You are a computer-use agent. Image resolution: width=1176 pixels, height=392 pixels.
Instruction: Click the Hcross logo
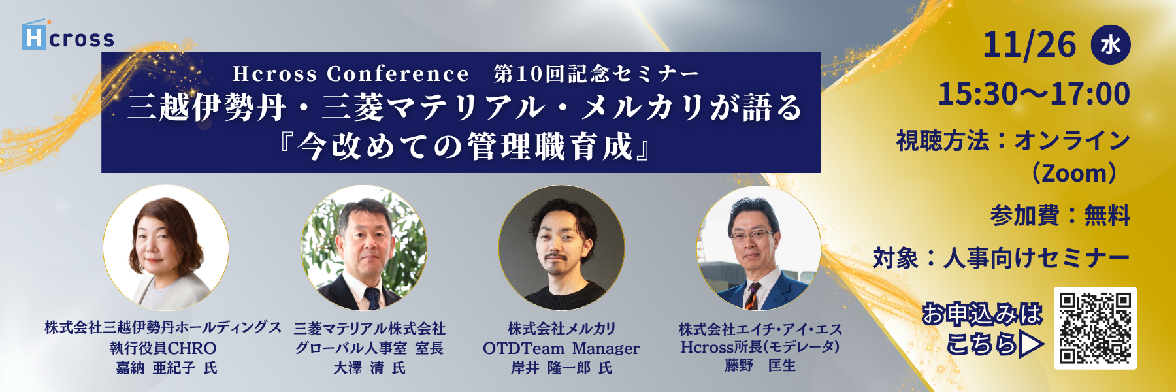coord(68,35)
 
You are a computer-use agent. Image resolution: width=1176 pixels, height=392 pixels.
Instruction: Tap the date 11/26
coord(1029,44)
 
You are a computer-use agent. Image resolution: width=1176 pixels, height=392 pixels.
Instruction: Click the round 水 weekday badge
coord(1110,44)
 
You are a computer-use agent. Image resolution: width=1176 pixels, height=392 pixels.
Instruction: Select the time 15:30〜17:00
coord(1034,94)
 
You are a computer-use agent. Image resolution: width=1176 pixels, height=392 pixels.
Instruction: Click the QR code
coord(1095,328)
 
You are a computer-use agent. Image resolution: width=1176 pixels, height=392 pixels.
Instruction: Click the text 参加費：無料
coord(1060,216)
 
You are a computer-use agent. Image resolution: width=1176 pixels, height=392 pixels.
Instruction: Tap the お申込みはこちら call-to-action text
coord(983,329)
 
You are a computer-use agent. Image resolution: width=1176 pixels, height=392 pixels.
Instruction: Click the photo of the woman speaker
coord(166,248)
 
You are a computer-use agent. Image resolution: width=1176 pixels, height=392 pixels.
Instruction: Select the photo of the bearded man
coord(561,248)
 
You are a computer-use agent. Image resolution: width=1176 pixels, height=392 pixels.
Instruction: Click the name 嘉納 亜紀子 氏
coord(166,368)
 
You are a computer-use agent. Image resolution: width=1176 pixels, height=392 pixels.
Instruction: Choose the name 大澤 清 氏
coord(369,368)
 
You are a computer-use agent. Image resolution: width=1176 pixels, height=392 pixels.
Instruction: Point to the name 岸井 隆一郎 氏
coord(561,368)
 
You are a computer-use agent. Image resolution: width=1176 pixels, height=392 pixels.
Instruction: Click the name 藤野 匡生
coord(760,366)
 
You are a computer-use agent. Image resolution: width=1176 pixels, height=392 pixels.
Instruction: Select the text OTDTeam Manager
coord(561,349)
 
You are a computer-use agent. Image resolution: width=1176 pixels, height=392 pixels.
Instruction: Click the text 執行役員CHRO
coord(163,348)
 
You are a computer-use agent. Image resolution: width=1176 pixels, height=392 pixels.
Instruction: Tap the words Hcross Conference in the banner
coord(350,74)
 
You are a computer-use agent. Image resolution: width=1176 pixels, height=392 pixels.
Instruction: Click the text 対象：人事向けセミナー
coord(1001,259)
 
